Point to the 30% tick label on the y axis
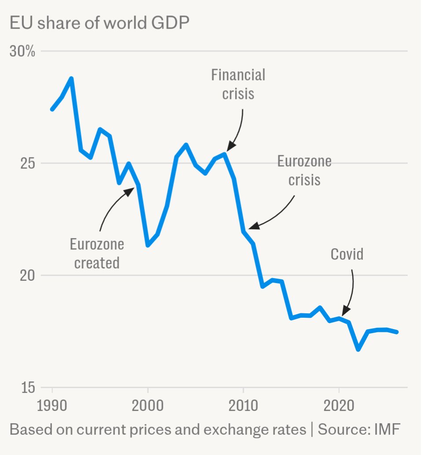[22, 51]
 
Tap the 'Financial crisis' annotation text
[238, 84]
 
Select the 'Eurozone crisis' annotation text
[304, 170]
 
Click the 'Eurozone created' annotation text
[97, 253]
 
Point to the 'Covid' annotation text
[347, 254]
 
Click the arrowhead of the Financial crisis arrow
[229, 149]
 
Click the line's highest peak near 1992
[71, 79]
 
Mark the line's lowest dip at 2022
[358, 349]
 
